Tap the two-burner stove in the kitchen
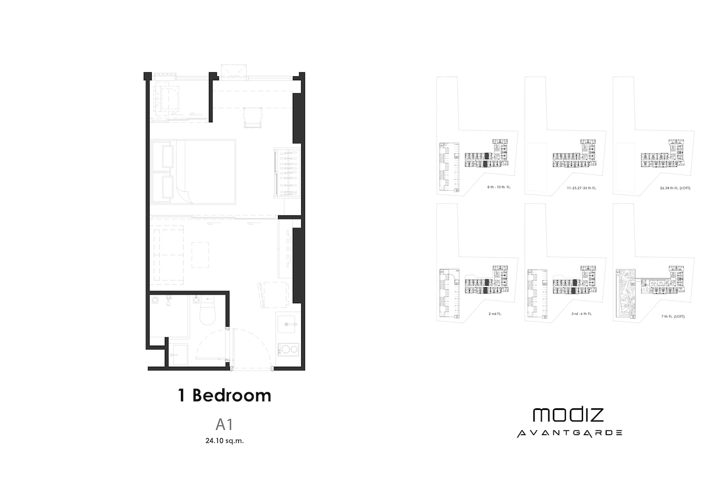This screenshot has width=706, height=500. pyautogui.click(x=288, y=349)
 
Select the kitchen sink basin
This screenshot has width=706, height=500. pyautogui.click(x=286, y=324)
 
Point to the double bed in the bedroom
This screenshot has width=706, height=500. pyautogui.click(x=193, y=172)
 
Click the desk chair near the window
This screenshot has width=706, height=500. pyautogui.click(x=253, y=118)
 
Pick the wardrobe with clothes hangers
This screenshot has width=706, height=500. pyautogui.click(x=287, y=173)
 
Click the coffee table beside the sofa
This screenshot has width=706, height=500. pyautogui.click(x=200, y=255)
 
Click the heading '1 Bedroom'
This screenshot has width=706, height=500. pyautogui.click(x=224, y=396)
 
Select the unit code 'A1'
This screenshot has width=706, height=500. pyautogui.click(x=224, y=424)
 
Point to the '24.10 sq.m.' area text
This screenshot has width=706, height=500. pyautogui.click(x=224, y=441)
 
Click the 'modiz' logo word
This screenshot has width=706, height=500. pyautogui.click(x=568, y=415)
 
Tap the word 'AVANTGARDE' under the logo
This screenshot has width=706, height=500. pyautogui.click(x=569, y=433)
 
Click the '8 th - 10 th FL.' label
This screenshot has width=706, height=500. pyautogui.click(x=499, y=187)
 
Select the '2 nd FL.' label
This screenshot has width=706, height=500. pyautogui.click(x=495, y=314)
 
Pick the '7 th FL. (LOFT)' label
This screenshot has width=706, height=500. pyautogui.click(x=673, y=316)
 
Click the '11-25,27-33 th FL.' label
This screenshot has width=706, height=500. pyautogui.click(x=582, y=188)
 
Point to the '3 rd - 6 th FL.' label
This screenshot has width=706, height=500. pyautogui.click(x=582, y=314)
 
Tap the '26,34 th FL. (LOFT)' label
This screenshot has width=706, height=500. pyautogui.click(x=675, y=188)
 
